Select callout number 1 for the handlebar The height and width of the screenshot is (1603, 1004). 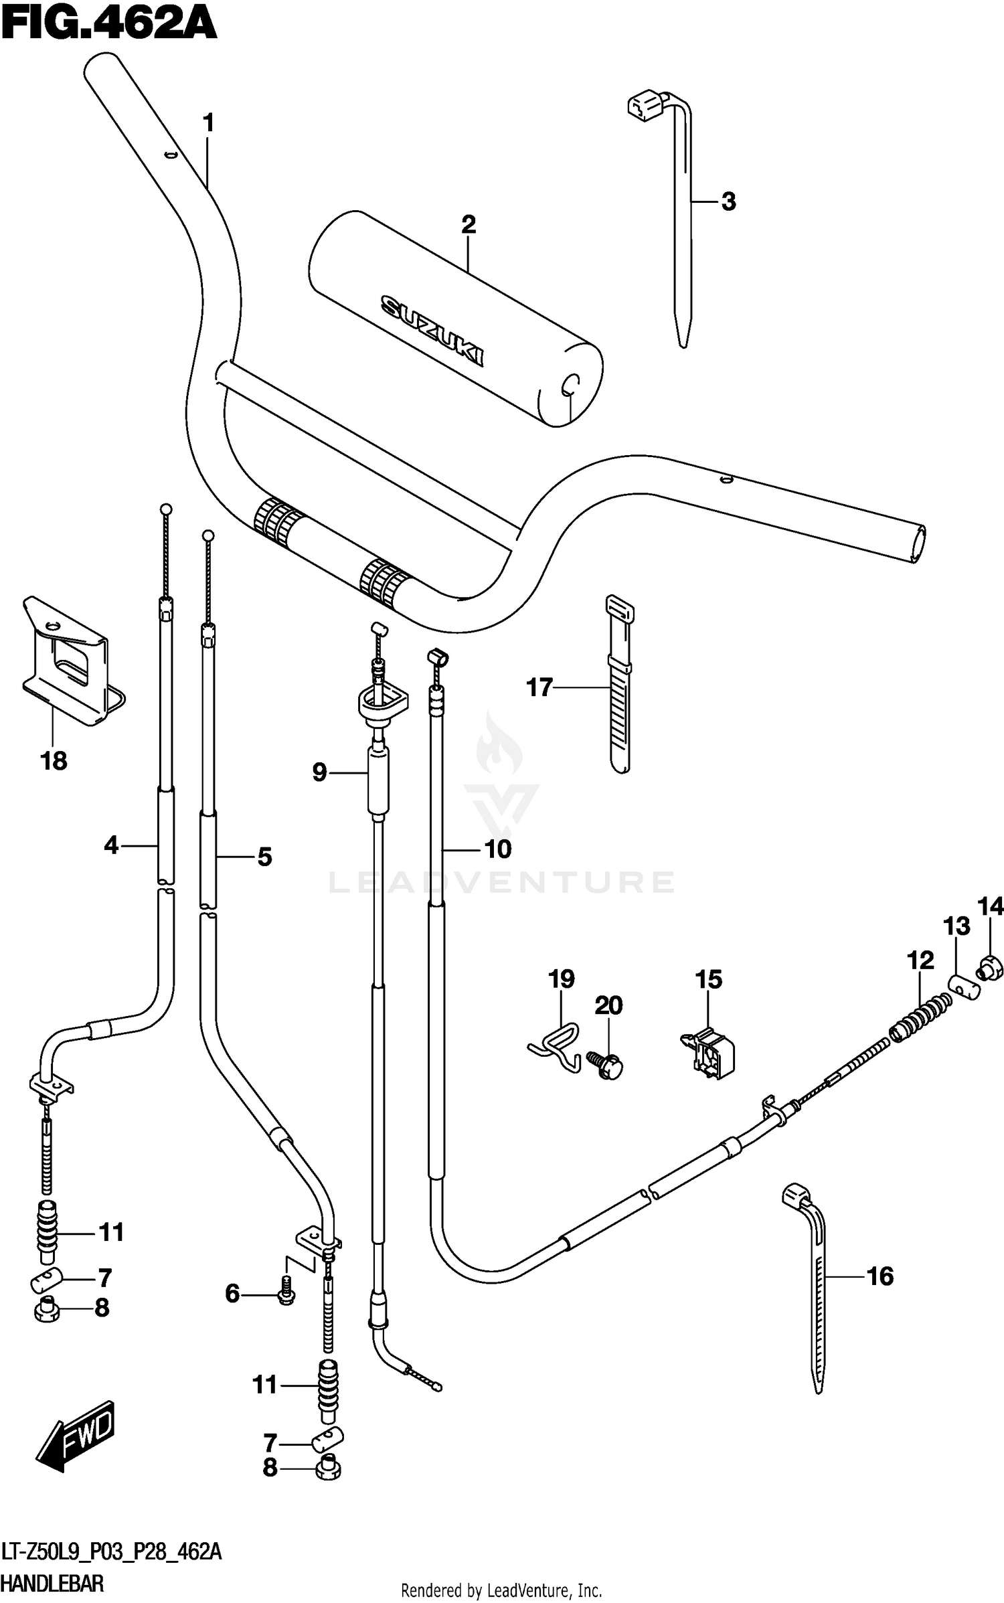pos(207,123)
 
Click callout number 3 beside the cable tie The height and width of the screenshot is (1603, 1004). pos(729,201)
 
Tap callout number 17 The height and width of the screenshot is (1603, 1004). pos(539,687)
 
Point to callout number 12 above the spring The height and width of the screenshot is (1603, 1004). pos(920,960)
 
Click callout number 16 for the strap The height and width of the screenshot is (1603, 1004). pos(880,1276)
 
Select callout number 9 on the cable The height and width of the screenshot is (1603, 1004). pos(319,772)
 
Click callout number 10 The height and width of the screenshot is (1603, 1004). pos(498,849)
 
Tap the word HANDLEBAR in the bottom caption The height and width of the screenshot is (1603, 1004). pos(52,1584)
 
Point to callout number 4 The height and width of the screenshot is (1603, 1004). pos(111,845)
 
